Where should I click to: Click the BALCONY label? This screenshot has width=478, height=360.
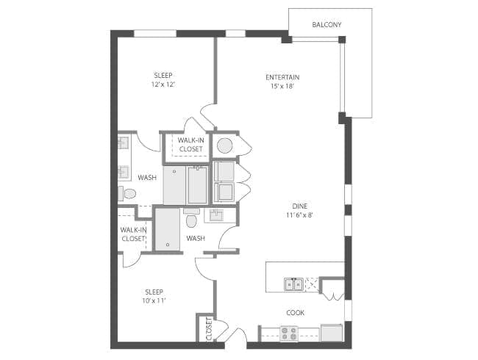[x=327, y=25]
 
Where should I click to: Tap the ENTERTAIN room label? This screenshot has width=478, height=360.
[x=282, y=77]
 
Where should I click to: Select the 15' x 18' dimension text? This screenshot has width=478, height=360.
[x=282, y=86]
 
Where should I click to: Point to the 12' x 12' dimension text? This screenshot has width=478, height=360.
[x=163, y=84]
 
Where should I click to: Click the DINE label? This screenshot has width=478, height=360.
[x=300, y=206]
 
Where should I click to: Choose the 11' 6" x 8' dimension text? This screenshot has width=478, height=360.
[x=299, y=215]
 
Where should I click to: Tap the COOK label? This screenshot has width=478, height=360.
[x=296, y=313]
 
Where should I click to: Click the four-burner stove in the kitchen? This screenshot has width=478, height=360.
[x=289, y=334]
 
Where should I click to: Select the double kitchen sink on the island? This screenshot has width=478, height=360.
[x=293, y=284]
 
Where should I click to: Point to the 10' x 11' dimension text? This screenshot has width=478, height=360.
[x=154, y=301]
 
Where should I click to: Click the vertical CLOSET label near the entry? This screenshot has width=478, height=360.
[x=209, y=329]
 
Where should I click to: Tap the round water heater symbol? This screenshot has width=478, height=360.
[x=225, y=145]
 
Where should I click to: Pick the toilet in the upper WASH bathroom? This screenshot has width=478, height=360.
[x=126, y=194]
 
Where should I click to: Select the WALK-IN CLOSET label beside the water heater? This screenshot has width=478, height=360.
[x=191, y=145]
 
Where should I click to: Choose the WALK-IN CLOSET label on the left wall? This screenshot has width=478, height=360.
[x=133, y=234]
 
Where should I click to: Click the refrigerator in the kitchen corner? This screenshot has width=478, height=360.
[x=332, y=333]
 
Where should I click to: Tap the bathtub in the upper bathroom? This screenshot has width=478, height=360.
[x=198, y=185]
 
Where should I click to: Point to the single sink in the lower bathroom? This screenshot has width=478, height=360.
[x=216, y=215]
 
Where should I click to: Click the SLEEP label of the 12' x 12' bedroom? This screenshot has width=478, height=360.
[x=163, y=76]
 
